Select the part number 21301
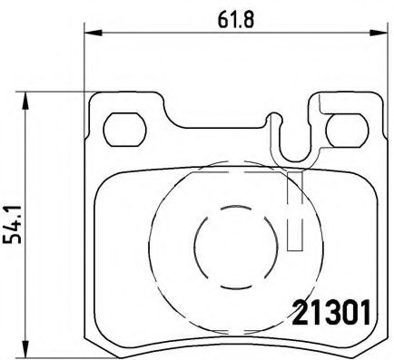pyautogui.click(x=330, y=314)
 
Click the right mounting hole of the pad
pyautogui.click(x=346, y=131)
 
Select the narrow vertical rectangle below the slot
pyautogui.click(x=295, y=209)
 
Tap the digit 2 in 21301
pyautogui.click(x=297, y=314)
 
